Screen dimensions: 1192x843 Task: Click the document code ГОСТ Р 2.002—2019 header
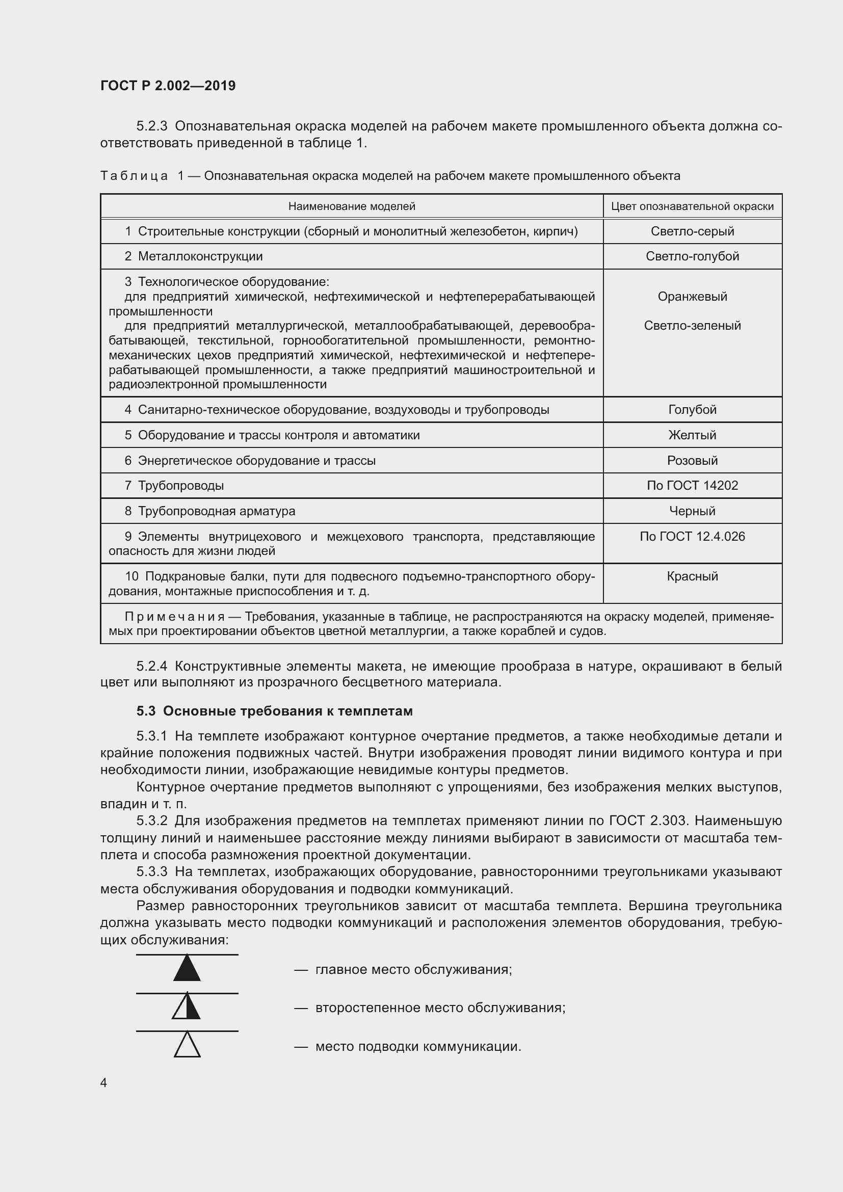click(x=168, y=86)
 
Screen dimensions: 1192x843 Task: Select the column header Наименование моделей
click(x=352, y=206)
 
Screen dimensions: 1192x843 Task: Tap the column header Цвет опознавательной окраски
click(x=692, y=206)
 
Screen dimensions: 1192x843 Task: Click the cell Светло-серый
click(x=692, y=231)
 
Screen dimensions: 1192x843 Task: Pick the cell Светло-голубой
click(x=692, y=256)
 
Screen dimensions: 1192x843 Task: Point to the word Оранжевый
click(x=692, y=297)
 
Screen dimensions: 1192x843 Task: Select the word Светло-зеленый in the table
click(x=692, y=326)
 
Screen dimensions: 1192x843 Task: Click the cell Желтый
click(x=692, y=435)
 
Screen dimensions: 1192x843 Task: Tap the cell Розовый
click(x=692, y=461)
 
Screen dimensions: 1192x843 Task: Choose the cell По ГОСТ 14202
click(x=692, y=486)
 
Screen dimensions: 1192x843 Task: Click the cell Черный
click(x=692, y=511)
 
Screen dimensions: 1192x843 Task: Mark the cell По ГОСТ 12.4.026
click(x=692, y=536)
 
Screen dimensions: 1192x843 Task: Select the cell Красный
click(x=692, y=576)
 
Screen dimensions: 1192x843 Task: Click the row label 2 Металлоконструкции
click(x=194, y=256)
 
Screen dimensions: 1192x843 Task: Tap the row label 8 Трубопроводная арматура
click(x=209, y=511)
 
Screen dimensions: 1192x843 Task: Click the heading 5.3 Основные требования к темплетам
click(x=275, y=711)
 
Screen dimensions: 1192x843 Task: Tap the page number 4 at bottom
click(x=104, y=1082)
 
